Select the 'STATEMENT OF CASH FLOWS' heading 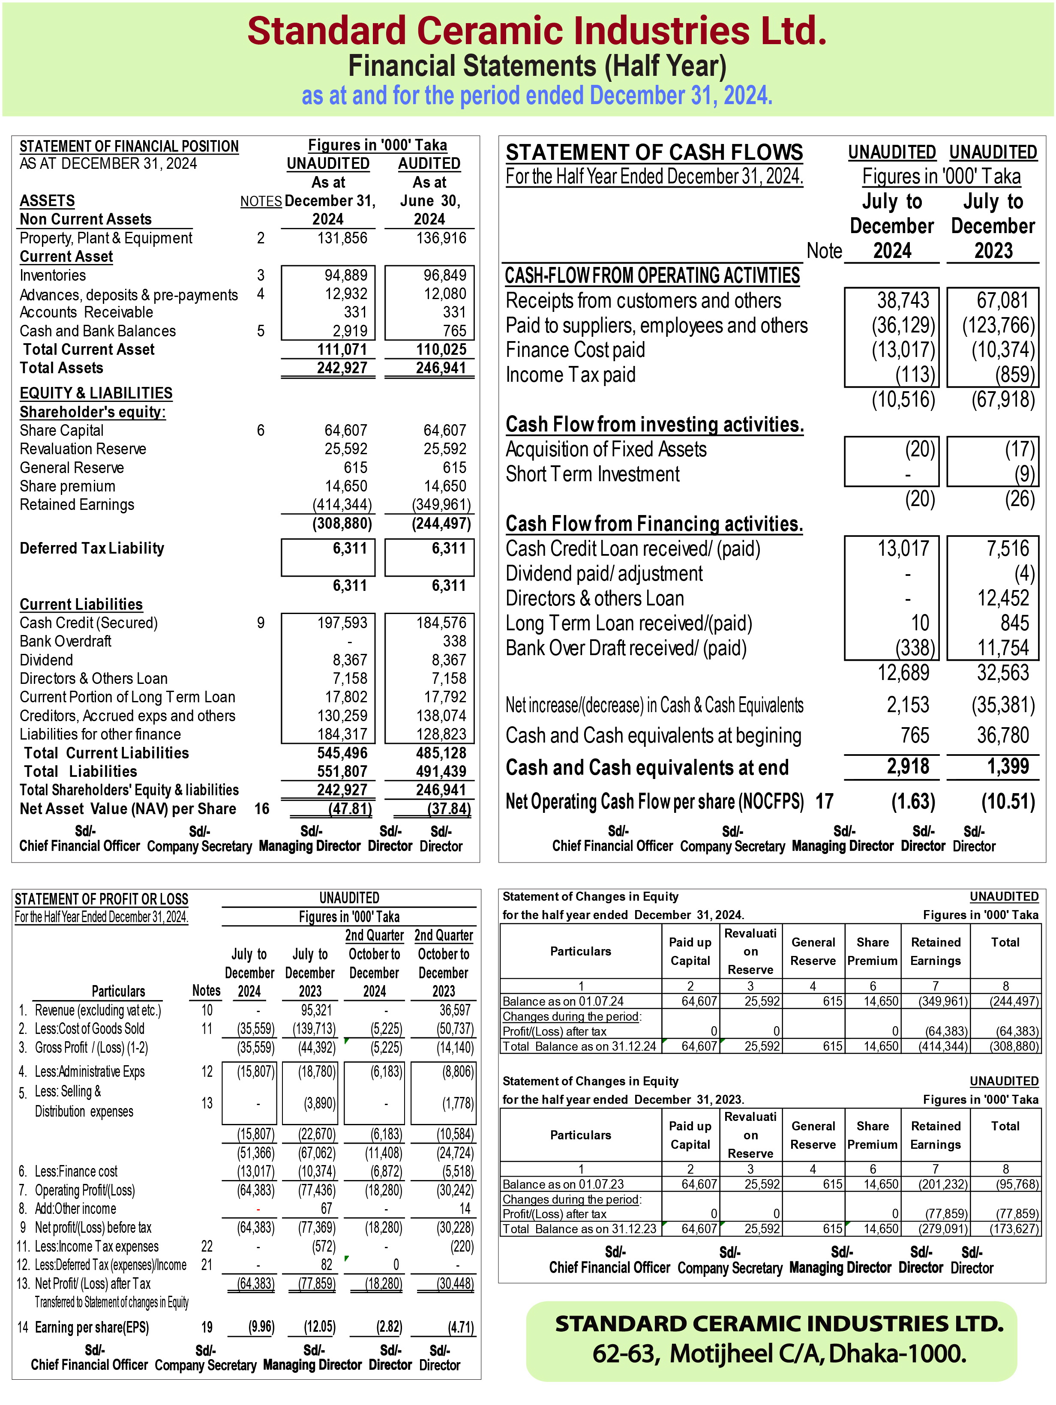(654, 153)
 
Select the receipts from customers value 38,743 (903, 300)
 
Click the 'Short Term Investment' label (592, 474)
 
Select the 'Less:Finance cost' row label (76, 1171)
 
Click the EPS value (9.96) (261, 1327)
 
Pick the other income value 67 (327, 1209)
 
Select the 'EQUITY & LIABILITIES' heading (96, 393)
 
